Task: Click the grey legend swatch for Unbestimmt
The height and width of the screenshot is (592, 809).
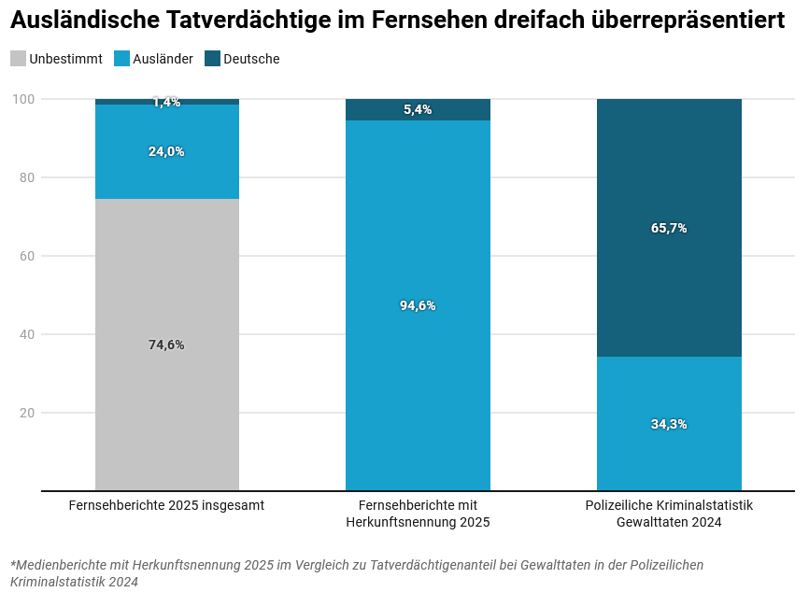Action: pyautogui.click(x=19, y=59)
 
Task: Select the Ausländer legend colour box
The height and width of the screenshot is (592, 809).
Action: pyautogui.click(x=121, y=59)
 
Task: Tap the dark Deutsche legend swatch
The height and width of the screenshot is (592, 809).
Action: pyautogui.click(x=212, y=59)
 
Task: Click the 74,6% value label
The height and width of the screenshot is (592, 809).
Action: pyautogui.click(x=166, y=345)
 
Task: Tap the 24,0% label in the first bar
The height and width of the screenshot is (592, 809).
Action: pyautogui.click(x=166, y=151)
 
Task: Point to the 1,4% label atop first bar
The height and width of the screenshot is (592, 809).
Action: pyautogui.click(x=166, y=103)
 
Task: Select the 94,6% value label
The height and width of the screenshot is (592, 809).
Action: pyautogui.click(x=418, y=305)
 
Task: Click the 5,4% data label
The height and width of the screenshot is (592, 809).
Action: pyautogui.click(x=418, y=110)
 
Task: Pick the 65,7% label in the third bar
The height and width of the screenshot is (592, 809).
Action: pyautogui.click(x=669, y=228)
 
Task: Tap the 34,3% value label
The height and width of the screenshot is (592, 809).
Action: pyautogui.click(x=669, y=424)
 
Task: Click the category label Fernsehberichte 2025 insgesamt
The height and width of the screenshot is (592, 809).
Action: pyautogui.click(x=166, y=505)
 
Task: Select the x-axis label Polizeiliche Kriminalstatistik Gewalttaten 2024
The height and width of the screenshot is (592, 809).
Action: pyautogui.click(x=669, y=514)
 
